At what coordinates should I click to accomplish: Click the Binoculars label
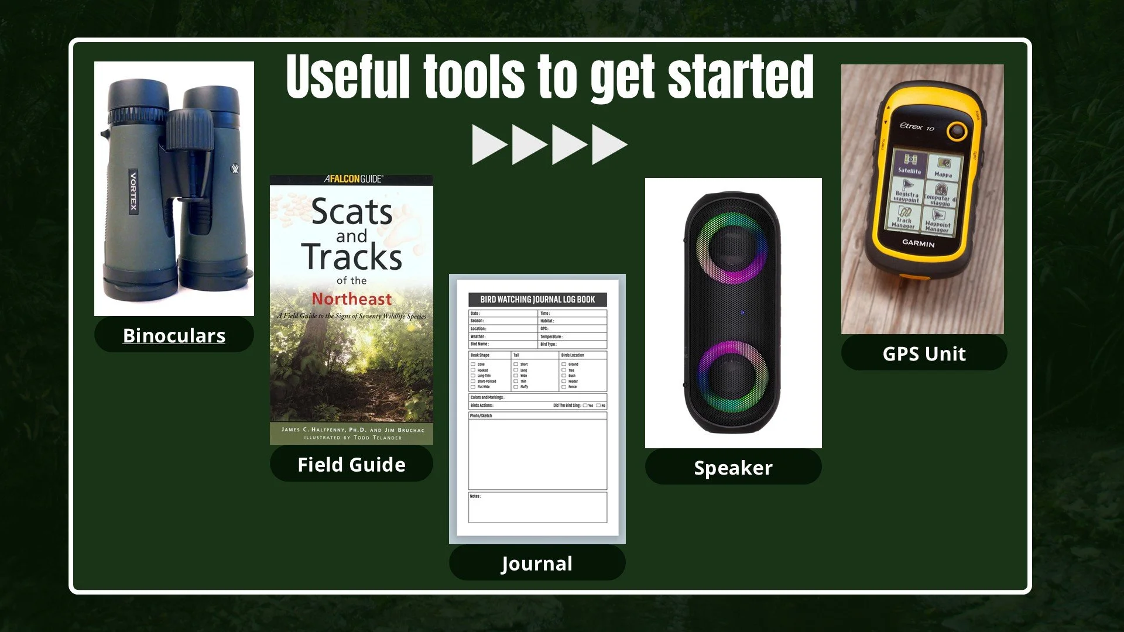click(x=174, y=335)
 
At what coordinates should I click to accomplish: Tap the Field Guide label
click(x=351, y=465)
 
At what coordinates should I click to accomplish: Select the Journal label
click(x=537, y=564)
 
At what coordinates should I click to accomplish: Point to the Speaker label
click(x=733, y=468)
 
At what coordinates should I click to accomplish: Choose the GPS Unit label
click(x=924, y=354)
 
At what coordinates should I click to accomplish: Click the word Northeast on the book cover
click(x=351, y=299)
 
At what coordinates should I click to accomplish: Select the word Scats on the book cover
click(x=352, y=212)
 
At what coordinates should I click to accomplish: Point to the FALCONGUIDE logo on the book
click(x=353, y=179)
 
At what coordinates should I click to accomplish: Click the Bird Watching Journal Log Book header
click(x=537, y=300)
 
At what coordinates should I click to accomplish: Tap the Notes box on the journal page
click(x=537, y=507)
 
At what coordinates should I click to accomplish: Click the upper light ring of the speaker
click(x=731, y=248)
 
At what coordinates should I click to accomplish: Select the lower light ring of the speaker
click(x=732, y=377)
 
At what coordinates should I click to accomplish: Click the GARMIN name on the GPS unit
click(x=918, y=243)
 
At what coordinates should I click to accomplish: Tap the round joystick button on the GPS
click(x=957, y=131)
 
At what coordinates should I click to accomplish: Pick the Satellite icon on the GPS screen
click(x=909, y=163)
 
